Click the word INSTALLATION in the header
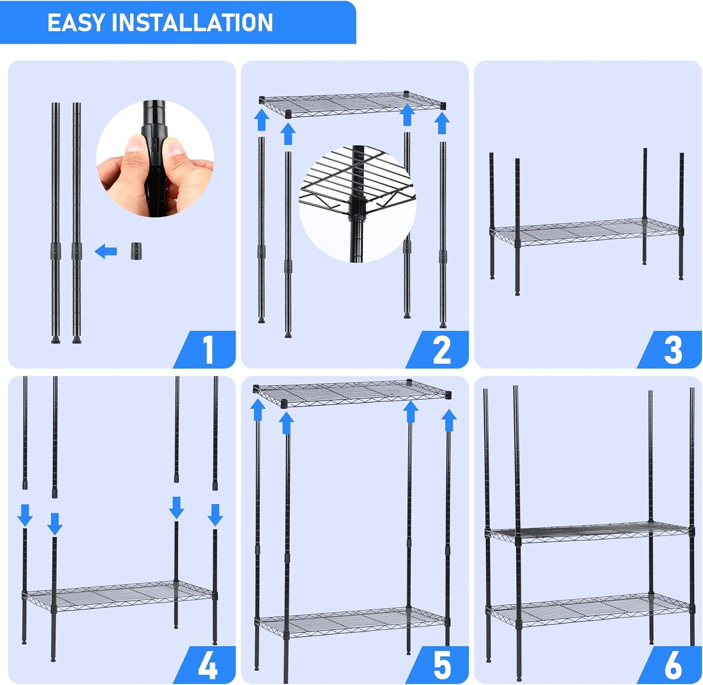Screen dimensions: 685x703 tap(192, 22)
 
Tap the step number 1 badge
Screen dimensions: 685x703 tap(208, 350)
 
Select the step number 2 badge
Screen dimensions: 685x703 tap(441, 350)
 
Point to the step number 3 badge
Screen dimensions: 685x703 tap(673, 350)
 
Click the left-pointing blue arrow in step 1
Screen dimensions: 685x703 tap(106, 252)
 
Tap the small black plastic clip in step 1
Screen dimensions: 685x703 tap(136, 251)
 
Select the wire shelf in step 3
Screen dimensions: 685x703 tap(586, 232)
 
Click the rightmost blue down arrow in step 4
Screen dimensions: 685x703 tap(215, 514)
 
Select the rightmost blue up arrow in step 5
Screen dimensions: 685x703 tap(449, 420)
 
